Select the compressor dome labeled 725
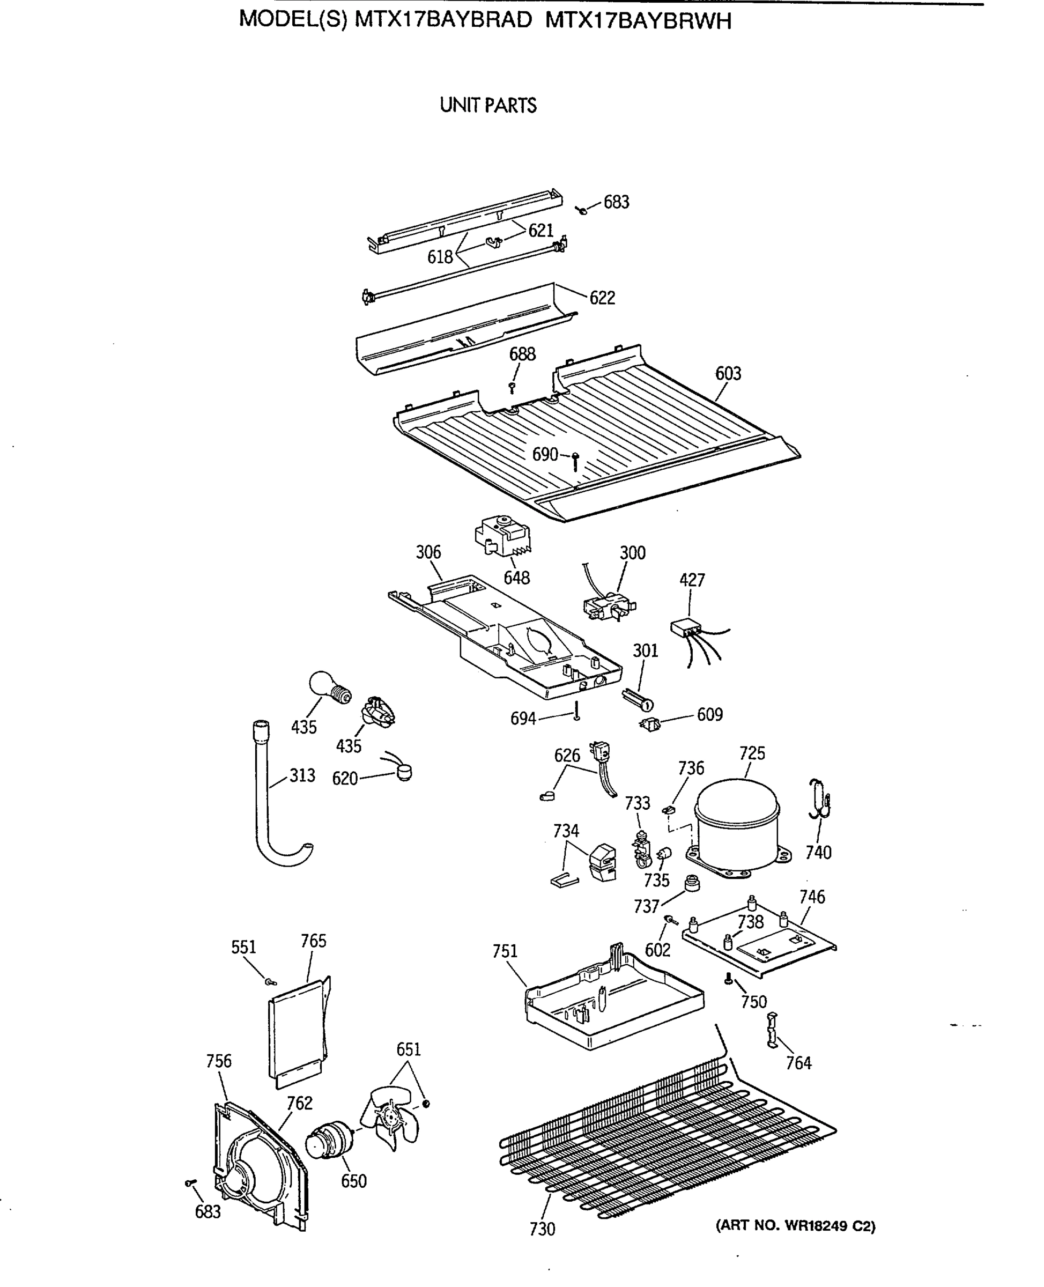click(x=736, y=824)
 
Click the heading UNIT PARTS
click(x=488, y=105)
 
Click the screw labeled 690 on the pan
click(x=575, y=461)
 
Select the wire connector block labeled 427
click(x=686, y=628)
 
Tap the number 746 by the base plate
click(x=812, y=897)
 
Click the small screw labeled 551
click(x=271, y=982)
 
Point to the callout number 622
click(x=602, y=298)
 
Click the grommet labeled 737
click(x=693, y=883)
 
